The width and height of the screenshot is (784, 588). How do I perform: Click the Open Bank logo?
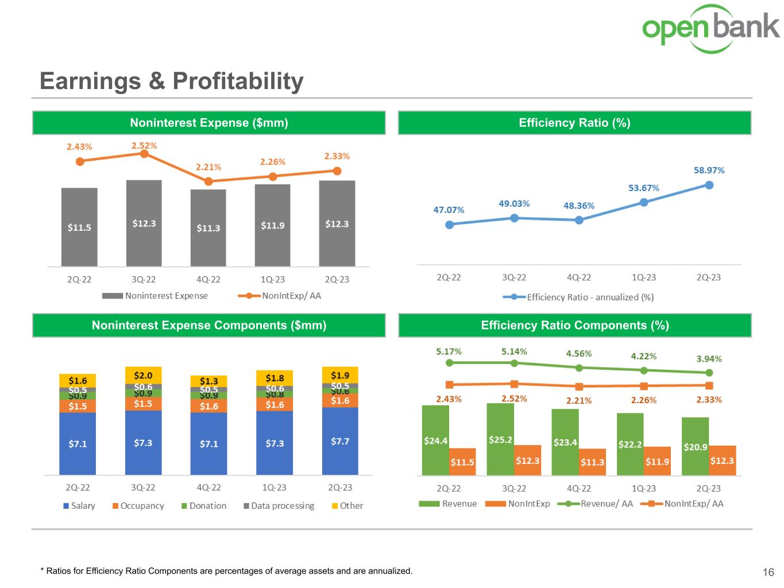coord(710,29)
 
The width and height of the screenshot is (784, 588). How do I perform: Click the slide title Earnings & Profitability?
coord(171,81)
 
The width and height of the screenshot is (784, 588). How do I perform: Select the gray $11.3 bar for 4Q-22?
coord(208,228)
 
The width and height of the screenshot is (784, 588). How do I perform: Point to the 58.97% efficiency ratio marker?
coord(709,185)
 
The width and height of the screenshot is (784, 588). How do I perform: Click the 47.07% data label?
coord(449,210)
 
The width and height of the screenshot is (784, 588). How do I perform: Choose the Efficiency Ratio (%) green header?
coord(574,123)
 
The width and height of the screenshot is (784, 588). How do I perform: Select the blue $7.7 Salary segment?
coord(340,441)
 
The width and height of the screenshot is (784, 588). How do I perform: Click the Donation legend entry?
coord(203,506)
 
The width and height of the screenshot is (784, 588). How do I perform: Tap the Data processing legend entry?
coord(279,506)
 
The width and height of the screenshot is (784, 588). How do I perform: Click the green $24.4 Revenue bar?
coord(435,440)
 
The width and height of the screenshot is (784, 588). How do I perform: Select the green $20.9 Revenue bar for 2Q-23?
coord(695,446)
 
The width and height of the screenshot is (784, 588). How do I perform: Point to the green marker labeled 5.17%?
coord(449,362)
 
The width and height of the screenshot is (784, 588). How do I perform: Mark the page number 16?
coord(768,572)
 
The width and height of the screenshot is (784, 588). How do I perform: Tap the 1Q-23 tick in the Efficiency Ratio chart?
coord(643,277)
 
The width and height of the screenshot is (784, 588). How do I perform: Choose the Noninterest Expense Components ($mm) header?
coord(208,326)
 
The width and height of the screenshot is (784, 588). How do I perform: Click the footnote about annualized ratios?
coord(226,571)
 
